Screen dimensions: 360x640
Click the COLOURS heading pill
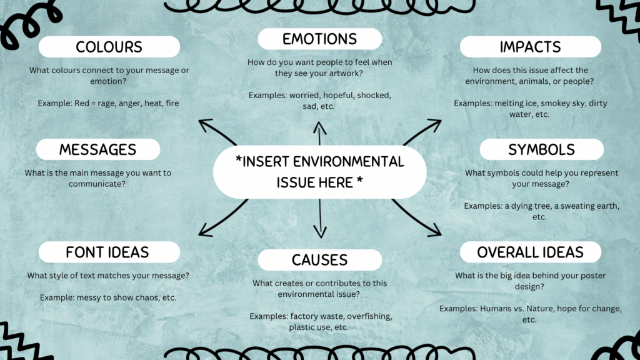(x=109, y=47)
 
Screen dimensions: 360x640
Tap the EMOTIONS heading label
(x=319, y=39)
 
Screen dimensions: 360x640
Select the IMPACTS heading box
(x=530, y=47)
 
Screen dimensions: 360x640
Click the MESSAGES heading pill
(x=98, y=149)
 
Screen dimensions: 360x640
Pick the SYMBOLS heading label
(x=541, y=149)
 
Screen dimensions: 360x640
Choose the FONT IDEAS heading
(x=108, y=252)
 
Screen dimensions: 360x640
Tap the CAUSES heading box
(x=319, y=259)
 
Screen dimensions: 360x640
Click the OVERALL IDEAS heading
(x=530, y=252)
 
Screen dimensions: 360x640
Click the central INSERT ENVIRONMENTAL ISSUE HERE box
(x=320, y=171)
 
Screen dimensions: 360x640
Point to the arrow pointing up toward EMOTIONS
(x=320, y=132)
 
